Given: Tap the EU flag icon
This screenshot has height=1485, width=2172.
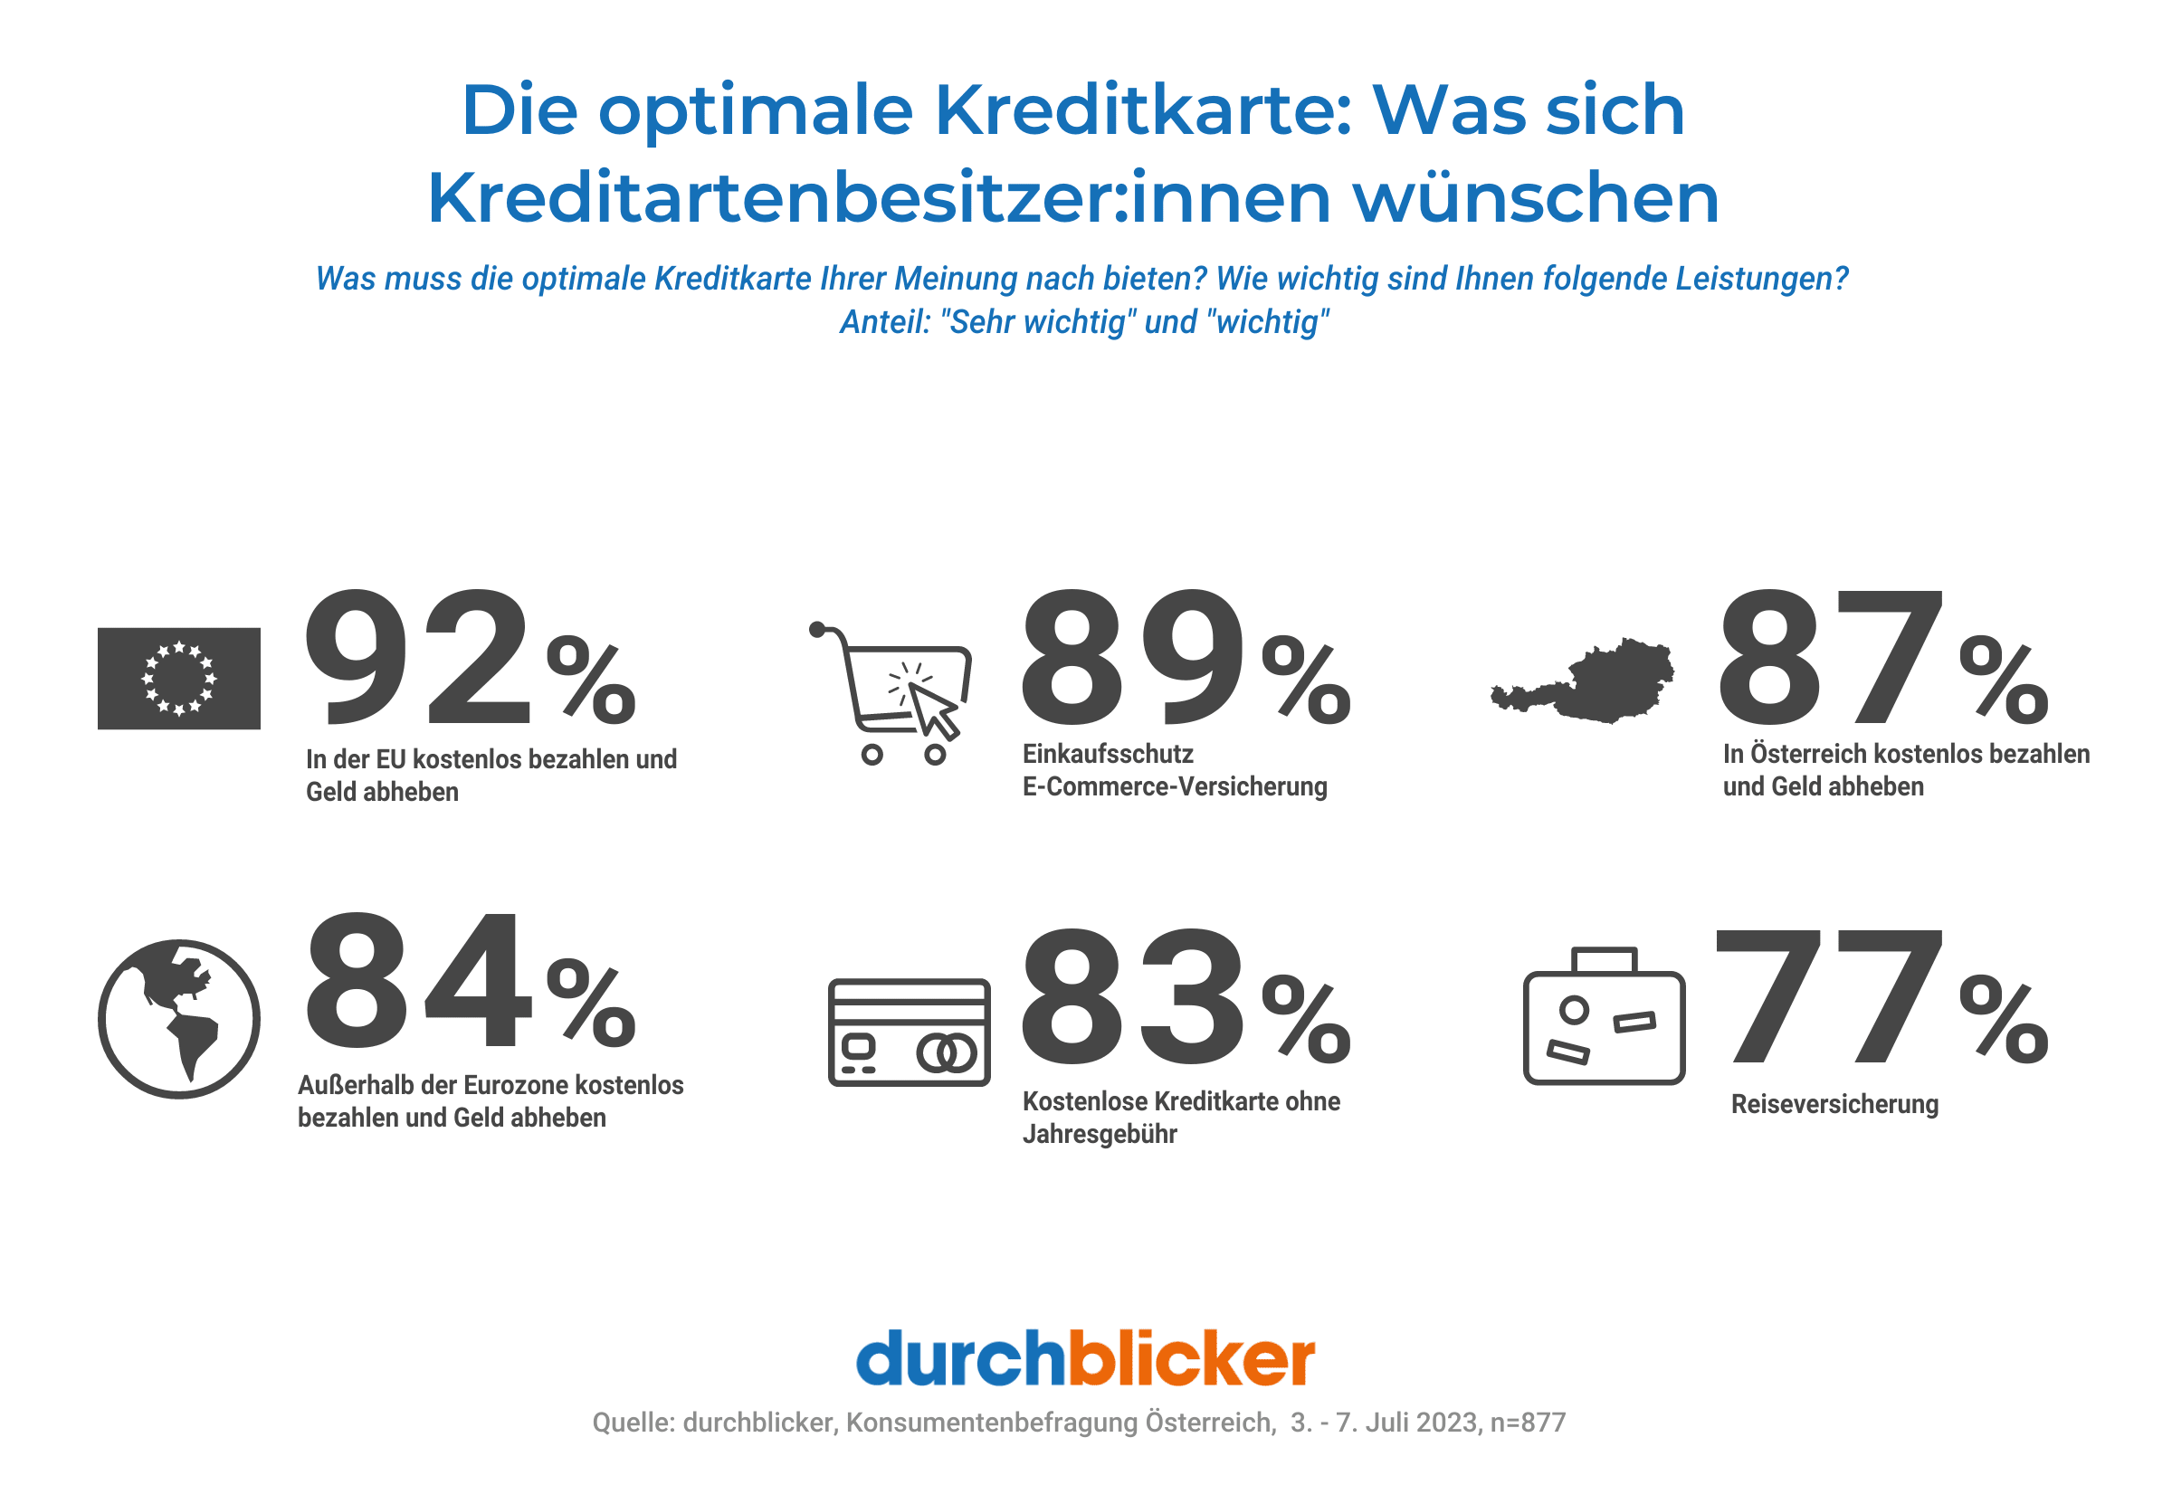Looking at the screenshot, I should [178, 679].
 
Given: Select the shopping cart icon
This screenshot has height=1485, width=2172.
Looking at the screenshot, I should [892, 692].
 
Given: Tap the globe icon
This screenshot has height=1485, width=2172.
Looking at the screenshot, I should [178, 1018].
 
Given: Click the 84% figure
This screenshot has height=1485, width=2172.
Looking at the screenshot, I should [470, 981].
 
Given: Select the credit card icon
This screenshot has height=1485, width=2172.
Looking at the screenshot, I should [909, 1032].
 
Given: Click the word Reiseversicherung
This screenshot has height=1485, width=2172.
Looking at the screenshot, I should [1834, 1104].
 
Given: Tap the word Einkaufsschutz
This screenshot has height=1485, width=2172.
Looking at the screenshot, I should [1108, 753].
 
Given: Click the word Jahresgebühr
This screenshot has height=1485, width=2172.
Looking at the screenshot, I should [1099, 1134].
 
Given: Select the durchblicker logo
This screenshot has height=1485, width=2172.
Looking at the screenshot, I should [1085, 1358].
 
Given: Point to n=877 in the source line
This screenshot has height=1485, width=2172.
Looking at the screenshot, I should [1527, 1423].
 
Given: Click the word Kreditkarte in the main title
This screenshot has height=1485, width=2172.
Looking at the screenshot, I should [1142, 109].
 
